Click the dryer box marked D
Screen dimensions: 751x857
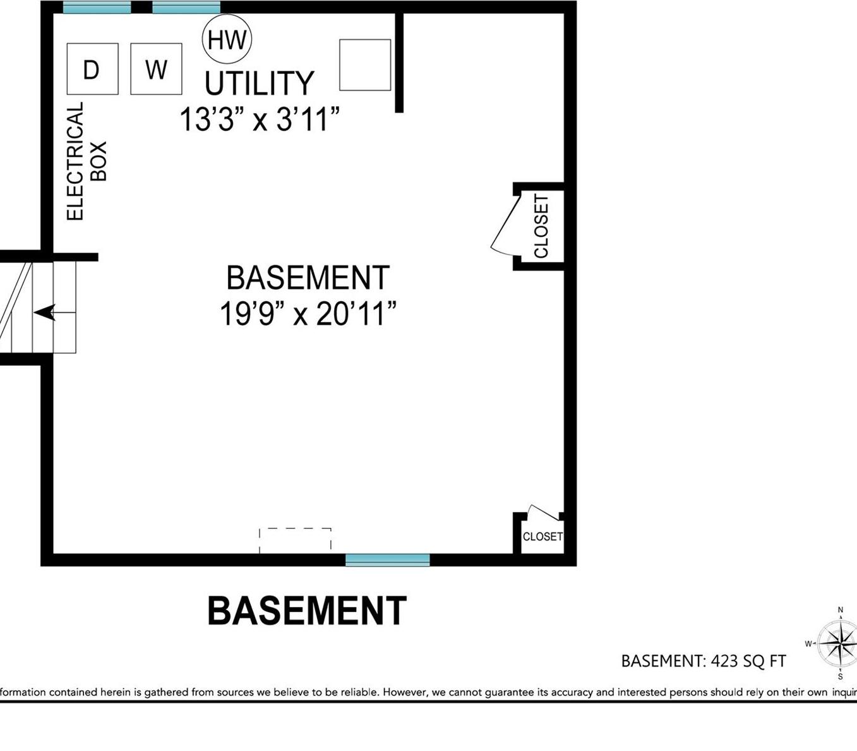pos(92,69)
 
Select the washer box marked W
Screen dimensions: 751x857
pos(156,69)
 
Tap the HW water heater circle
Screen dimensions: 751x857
pos(227,39)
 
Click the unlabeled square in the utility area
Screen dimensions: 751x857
pos(365,64)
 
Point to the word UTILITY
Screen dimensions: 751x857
pos(259,83)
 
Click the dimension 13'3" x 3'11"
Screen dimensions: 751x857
pos(260,119)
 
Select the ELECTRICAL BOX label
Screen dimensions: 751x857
pos(86,162)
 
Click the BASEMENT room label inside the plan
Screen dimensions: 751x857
pos(308,278)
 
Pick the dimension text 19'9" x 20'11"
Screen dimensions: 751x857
pos(308,313)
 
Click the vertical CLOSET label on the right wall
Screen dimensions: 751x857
pos(541,226)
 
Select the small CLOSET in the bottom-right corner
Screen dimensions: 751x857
pos(542,536)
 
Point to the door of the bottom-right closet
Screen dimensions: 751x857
pos(543,512)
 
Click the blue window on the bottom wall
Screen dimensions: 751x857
pos(387,560)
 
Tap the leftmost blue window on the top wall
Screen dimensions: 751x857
pos(97,8)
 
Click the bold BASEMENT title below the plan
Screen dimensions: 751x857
pos(307,611)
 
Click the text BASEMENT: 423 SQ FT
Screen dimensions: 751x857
pos(704,661)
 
